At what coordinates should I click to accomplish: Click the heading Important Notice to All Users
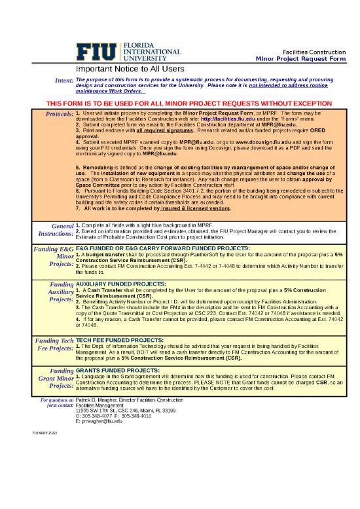tap(126, 68)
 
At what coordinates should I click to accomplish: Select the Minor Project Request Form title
tap(300, 59)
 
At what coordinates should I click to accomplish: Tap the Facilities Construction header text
tap(313, 52)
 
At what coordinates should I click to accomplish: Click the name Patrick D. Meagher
tap(98, 399)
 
